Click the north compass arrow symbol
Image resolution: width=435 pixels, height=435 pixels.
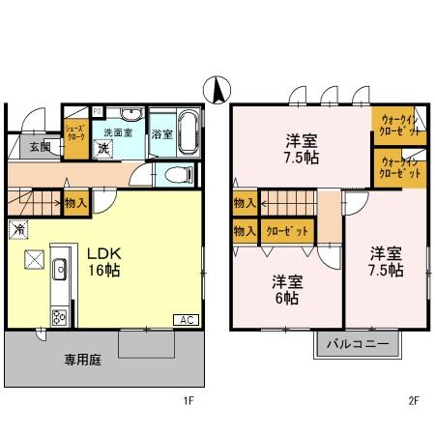218,90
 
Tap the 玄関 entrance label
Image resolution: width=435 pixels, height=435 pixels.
39,147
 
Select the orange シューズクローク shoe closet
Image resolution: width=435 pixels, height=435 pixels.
75,133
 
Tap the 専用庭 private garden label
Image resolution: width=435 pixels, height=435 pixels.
57,358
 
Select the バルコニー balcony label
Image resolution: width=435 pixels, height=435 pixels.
357,343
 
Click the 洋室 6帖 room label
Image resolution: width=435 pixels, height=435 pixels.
285,289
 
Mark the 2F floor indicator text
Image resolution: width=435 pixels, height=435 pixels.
412,397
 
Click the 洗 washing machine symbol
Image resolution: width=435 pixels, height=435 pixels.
103,149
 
